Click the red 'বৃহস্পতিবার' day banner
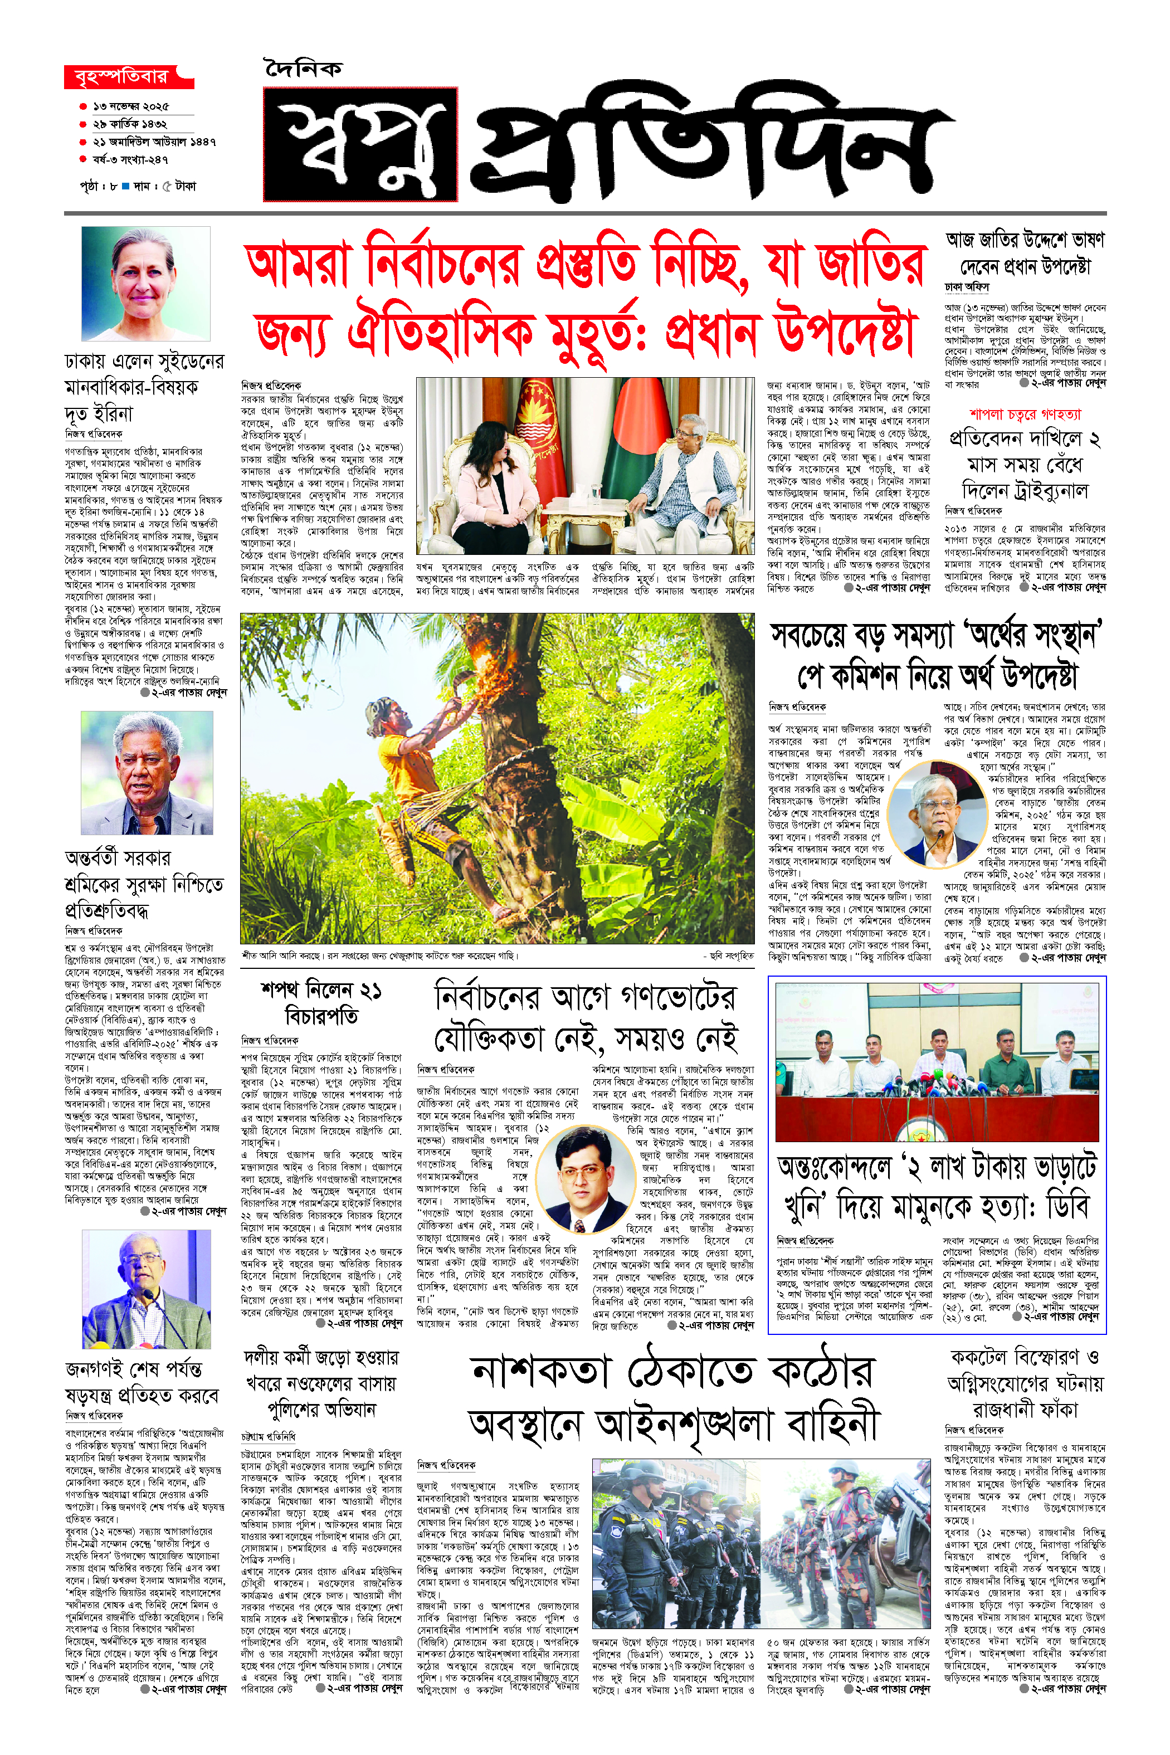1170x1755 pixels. click(x=127, y=77)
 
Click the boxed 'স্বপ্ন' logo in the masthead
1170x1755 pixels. click(x=360, y=144)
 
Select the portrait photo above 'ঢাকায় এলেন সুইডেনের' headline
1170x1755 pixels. click(x=145, y=284)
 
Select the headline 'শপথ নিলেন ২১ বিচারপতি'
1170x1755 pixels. click(x=321, y=1003)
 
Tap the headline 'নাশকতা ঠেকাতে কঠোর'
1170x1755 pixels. click(x=673, y=1372)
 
